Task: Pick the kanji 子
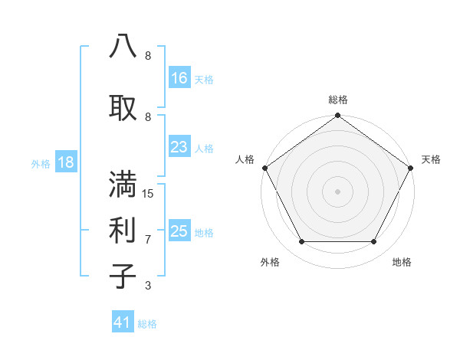(123, 276)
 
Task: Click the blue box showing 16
(179, 78)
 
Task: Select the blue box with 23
(179, 147)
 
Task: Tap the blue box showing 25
(179, 231)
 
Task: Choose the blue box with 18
(65, 162)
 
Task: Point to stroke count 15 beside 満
(148, 194)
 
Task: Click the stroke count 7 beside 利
(148, 240)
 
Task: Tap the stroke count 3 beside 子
(148, 286)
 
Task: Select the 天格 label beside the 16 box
(204, 79)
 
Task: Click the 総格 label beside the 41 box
(147, 324)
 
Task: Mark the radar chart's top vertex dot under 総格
(337, 116)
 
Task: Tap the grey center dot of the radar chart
(337, 191)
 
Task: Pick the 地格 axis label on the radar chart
(402, 263)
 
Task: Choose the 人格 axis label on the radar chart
(245, 159)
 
